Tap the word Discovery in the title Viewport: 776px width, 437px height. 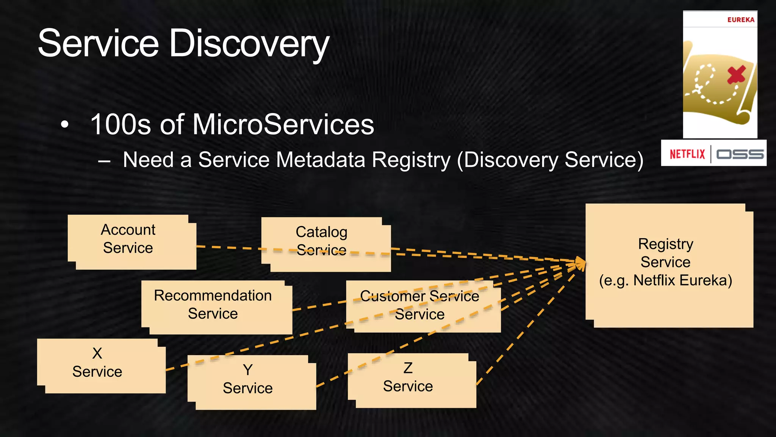click(249, 44)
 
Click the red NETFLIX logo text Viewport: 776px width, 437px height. click(687, 154)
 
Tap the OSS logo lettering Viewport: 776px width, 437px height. click(739, 154)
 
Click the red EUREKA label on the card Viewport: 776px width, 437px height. click(740, 20)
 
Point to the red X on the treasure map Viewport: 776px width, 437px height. click(736, 74)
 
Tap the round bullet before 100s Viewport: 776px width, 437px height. click(65, 125)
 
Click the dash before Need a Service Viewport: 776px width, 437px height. click(104, 160)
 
